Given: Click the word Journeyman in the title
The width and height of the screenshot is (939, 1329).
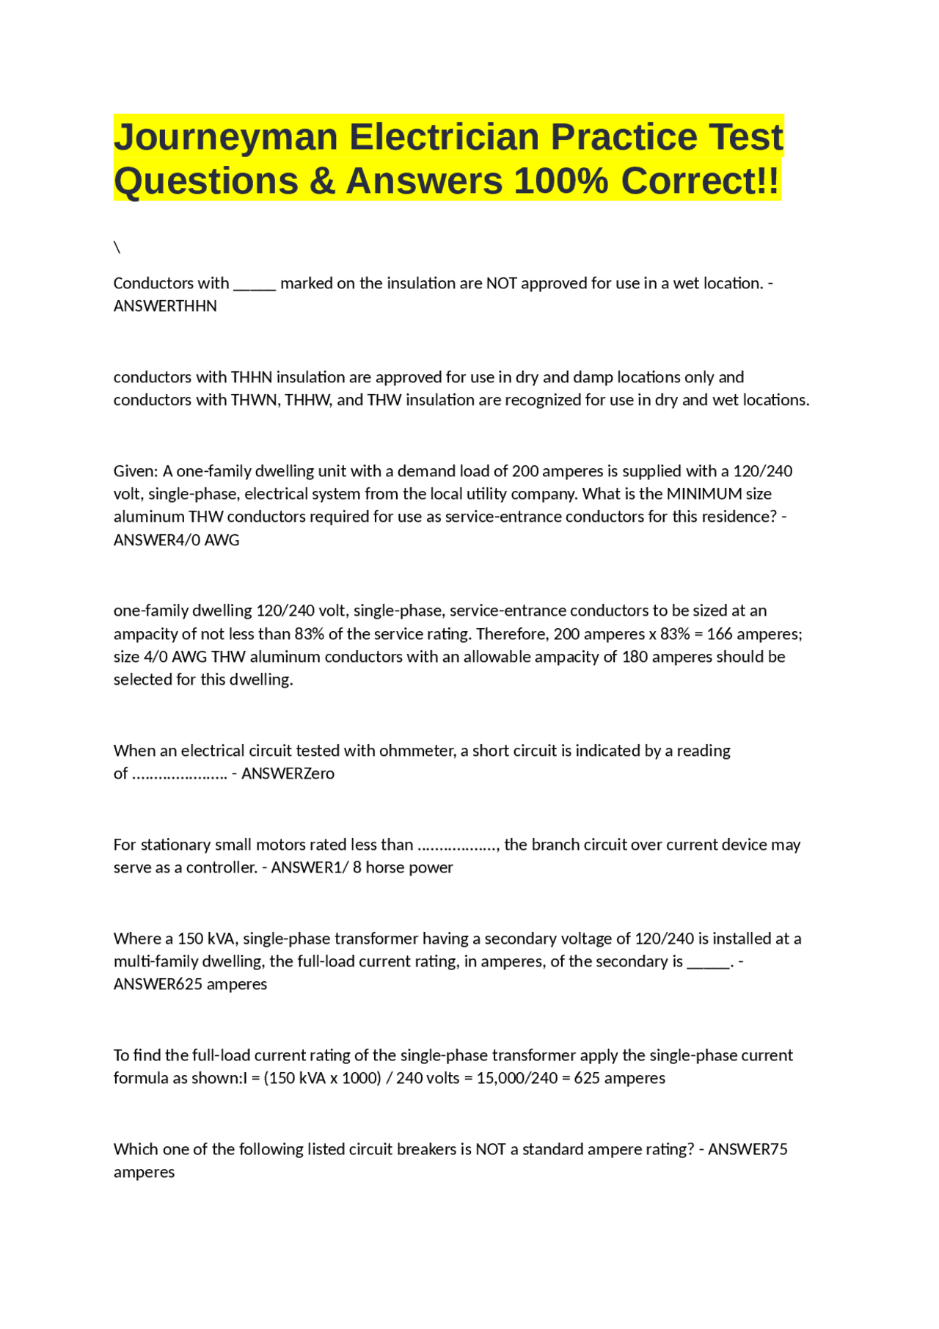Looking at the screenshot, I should point(225,137).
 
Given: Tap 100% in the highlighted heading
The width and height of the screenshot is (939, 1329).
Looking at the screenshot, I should point(560,181).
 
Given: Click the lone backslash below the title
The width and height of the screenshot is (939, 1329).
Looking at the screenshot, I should point(117,247).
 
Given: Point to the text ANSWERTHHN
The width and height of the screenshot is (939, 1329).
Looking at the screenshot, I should point(165,306).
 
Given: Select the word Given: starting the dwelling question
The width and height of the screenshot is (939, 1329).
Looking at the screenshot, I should point(136,471).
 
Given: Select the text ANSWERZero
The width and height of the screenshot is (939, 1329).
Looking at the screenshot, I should point(288,773).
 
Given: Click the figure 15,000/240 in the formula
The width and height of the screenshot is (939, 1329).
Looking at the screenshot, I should point(516,1078).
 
